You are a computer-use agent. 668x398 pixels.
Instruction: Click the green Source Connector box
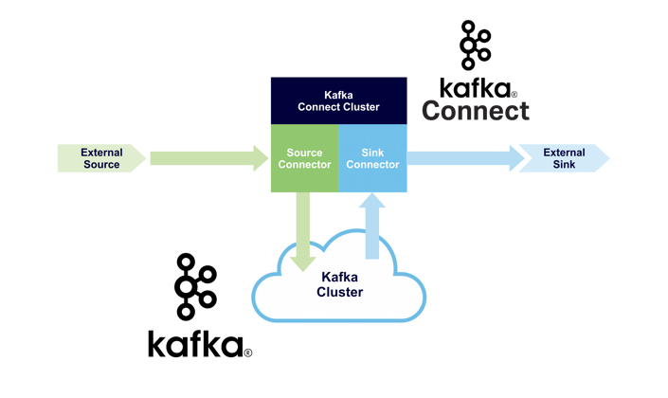coord(304,158)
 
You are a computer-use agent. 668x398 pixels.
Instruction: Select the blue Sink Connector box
coord(372,158)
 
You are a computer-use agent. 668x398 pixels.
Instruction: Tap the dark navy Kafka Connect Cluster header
coord(338,100)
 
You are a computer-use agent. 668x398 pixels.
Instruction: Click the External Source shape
coord(101,158)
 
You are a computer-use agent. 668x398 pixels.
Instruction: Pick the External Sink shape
coord(564,158)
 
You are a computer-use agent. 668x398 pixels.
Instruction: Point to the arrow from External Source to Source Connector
coord(209,158)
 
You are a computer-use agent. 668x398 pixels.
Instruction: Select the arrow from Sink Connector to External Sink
coord(465,158)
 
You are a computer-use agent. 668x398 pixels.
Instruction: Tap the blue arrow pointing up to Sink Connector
coord(372,226)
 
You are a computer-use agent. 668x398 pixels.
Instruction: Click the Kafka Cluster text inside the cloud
coord(339,284)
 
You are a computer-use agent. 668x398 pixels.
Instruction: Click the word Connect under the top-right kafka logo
coord(476,110)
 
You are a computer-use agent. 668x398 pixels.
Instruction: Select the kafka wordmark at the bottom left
coord(195,343)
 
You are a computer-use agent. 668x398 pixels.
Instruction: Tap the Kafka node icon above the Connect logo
coord(475,45)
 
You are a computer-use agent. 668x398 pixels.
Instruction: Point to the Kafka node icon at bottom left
coord(195,287)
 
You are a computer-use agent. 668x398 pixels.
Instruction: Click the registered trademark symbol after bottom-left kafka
coord(248,353)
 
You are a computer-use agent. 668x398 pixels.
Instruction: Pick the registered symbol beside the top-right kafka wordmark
coord(514,94)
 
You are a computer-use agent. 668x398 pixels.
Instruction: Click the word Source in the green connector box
coord(304,153)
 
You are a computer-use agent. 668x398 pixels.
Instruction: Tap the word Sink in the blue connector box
coord(372,153)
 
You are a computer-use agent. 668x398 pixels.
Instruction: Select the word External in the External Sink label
coord(564,153)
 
